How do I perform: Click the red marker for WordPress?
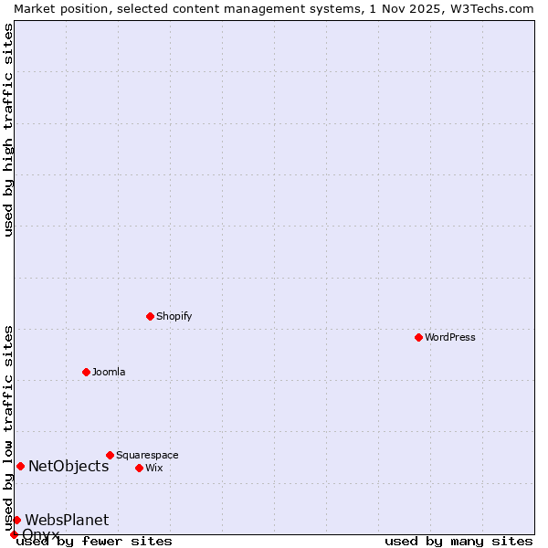coord(418,337)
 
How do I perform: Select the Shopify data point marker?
coord(150,316)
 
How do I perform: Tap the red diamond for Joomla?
coord(86,372)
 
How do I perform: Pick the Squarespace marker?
coord(110,455)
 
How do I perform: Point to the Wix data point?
coord(139,468)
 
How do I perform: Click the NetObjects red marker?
coord(20,466)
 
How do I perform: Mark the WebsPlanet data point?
coord(16,520)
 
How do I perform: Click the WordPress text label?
coord(450,337)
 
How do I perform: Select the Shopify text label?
coord(174,316)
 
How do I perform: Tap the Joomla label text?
coord(109,372)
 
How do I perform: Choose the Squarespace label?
coord(147,455)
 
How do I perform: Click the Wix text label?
coord(154,468)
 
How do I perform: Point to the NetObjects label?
coord(68,466)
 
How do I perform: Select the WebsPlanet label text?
coord(67,520)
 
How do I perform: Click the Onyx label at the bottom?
coord(41,533)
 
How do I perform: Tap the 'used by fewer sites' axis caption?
coord(94,541)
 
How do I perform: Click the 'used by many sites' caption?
coord(458,541)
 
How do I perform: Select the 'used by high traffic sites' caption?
coord(8,130)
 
